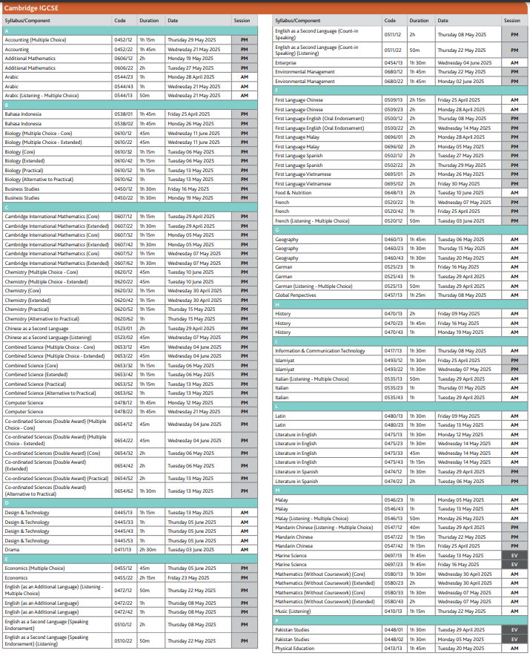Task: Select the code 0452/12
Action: (x=122, y=40)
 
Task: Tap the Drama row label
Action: (x=13, y=550)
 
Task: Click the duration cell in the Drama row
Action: (x=148, y=550)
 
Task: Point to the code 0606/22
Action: (x=122, y=68)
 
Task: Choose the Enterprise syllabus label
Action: (x=288, y=64)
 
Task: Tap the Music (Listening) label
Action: (x=293, y=611)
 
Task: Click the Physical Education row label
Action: (x=295, y=649)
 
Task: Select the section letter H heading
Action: (x=276, y=304)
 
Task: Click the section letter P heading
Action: (x=276, y=620)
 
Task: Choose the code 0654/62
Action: (x=122, y=491)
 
